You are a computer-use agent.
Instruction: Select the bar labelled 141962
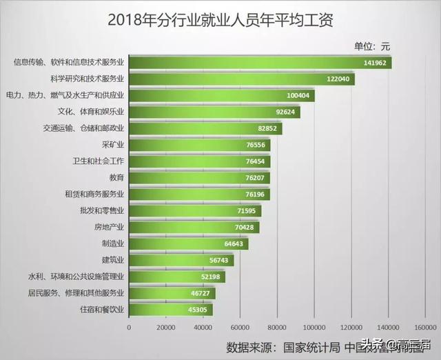point(260,63)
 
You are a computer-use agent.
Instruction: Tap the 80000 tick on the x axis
point(277,326)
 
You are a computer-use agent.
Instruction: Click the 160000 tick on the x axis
point(427,326)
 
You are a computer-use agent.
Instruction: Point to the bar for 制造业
point(187,243)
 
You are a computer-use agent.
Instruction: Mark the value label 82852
point(267,128)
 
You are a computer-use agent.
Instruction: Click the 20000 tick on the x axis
point(165,326)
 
